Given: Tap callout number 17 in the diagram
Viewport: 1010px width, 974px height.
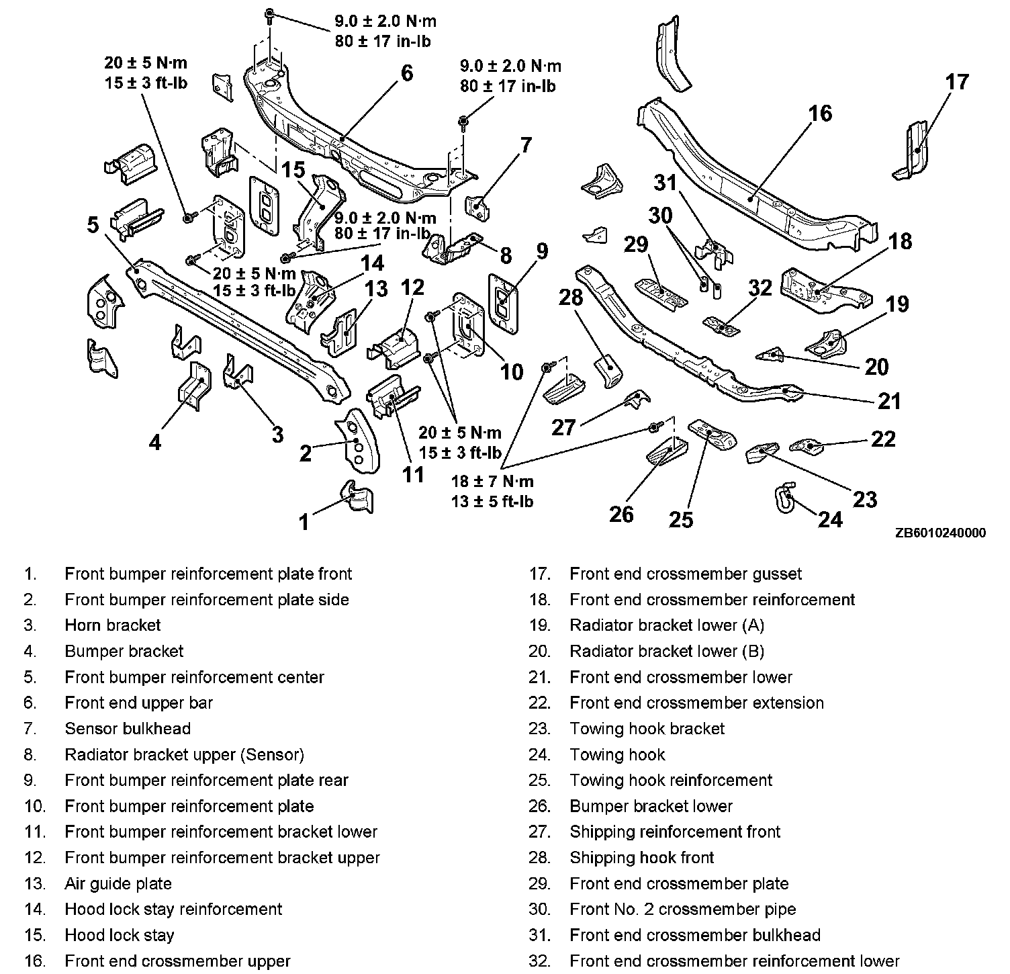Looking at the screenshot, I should tap(957, 82).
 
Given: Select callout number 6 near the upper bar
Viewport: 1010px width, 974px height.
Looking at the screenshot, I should tap(407, 73).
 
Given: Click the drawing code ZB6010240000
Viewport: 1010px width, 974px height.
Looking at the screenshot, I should tap(940, 533).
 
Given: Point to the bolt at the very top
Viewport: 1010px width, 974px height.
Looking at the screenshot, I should tap(269, 14).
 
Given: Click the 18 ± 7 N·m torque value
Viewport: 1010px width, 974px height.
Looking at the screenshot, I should tap(492, 482).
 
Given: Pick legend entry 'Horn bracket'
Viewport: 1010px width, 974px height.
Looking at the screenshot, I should tap(113, 625).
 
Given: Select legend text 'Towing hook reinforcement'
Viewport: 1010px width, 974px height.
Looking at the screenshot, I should tap(671, 781).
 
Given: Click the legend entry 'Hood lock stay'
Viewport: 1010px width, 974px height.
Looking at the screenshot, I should tap(120, 935).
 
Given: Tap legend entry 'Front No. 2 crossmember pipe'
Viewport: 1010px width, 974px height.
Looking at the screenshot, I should tap(682, 910).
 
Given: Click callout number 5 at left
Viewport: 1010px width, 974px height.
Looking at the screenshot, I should tap(93, 224).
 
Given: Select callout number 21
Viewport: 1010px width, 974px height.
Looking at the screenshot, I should tap(890, 401).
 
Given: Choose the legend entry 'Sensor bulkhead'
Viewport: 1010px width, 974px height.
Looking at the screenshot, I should tap(128, 729).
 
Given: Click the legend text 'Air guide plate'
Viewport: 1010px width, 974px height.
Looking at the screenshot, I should tap(118, 884).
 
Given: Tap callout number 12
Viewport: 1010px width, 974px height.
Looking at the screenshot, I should tap(412, 287).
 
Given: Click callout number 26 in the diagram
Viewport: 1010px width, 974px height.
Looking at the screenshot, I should tap(621, 514).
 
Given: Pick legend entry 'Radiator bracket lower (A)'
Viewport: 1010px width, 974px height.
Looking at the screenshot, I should tap(667, 625).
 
